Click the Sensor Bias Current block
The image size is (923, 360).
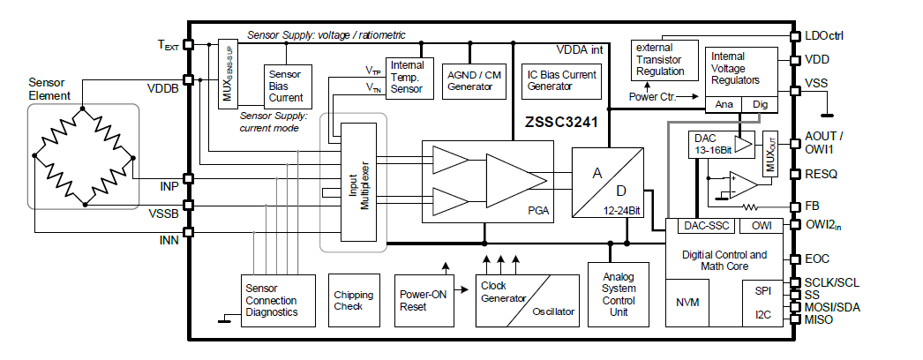pos(285,86)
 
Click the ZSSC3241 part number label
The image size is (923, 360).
pos(559,124)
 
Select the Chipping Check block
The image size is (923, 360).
pos(353,301)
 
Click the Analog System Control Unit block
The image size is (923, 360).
pos(618,295)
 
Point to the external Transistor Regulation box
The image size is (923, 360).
pos(660,60)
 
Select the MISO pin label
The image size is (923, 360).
pos(819,319)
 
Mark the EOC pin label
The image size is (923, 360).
pos(816,259)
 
